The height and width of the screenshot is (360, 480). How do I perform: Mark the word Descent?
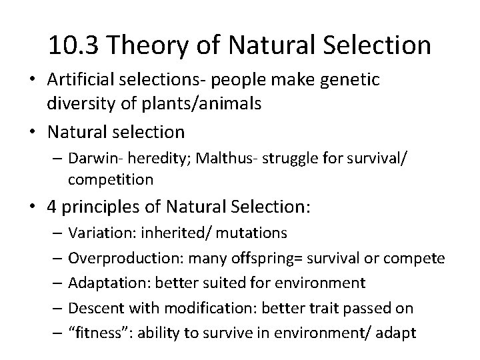coord(92,308)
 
